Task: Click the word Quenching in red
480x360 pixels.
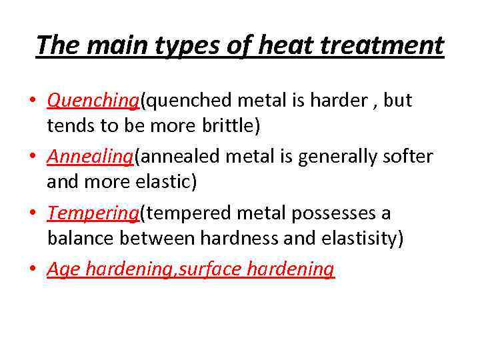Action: pos(92,101)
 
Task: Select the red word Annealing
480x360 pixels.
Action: pos(90,157)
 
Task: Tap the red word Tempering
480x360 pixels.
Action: pos(93,213)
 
